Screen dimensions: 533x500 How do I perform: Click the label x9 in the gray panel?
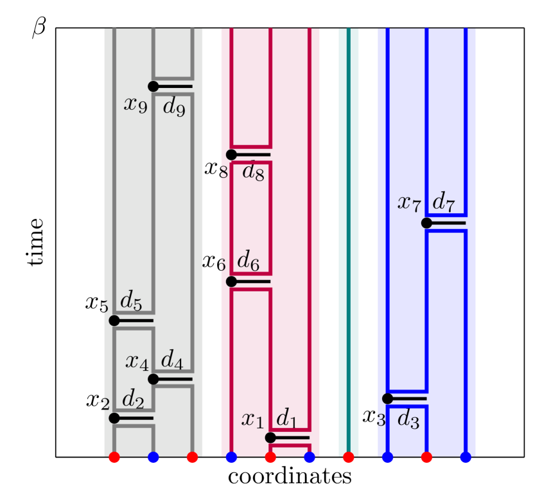coord(135,105)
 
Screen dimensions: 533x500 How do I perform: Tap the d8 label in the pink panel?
coord(253,172)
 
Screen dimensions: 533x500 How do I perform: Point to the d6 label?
coord(249,261)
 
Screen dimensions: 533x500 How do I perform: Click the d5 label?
coord(131,300)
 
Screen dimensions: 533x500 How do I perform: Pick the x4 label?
coord(137,362)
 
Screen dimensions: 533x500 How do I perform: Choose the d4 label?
coord(172,360)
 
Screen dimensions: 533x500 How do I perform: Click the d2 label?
coord(133,400)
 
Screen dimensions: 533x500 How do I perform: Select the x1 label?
coord(252,420)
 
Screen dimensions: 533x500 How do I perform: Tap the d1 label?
coord(287,419)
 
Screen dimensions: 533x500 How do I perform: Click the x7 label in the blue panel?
coord(409,203)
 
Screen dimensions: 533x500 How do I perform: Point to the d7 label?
coord(444,202)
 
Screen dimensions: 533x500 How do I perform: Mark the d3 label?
coord(408,420)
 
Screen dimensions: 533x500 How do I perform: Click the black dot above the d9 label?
coord(153,87)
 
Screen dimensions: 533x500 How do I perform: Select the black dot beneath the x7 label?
coord(426,223)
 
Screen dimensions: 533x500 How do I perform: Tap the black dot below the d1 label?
coord(270,438)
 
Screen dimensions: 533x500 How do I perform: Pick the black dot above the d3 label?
coord(388,399)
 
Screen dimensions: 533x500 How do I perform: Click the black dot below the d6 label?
coord(231,281)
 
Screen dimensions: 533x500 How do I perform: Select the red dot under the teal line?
coord(349,458)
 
